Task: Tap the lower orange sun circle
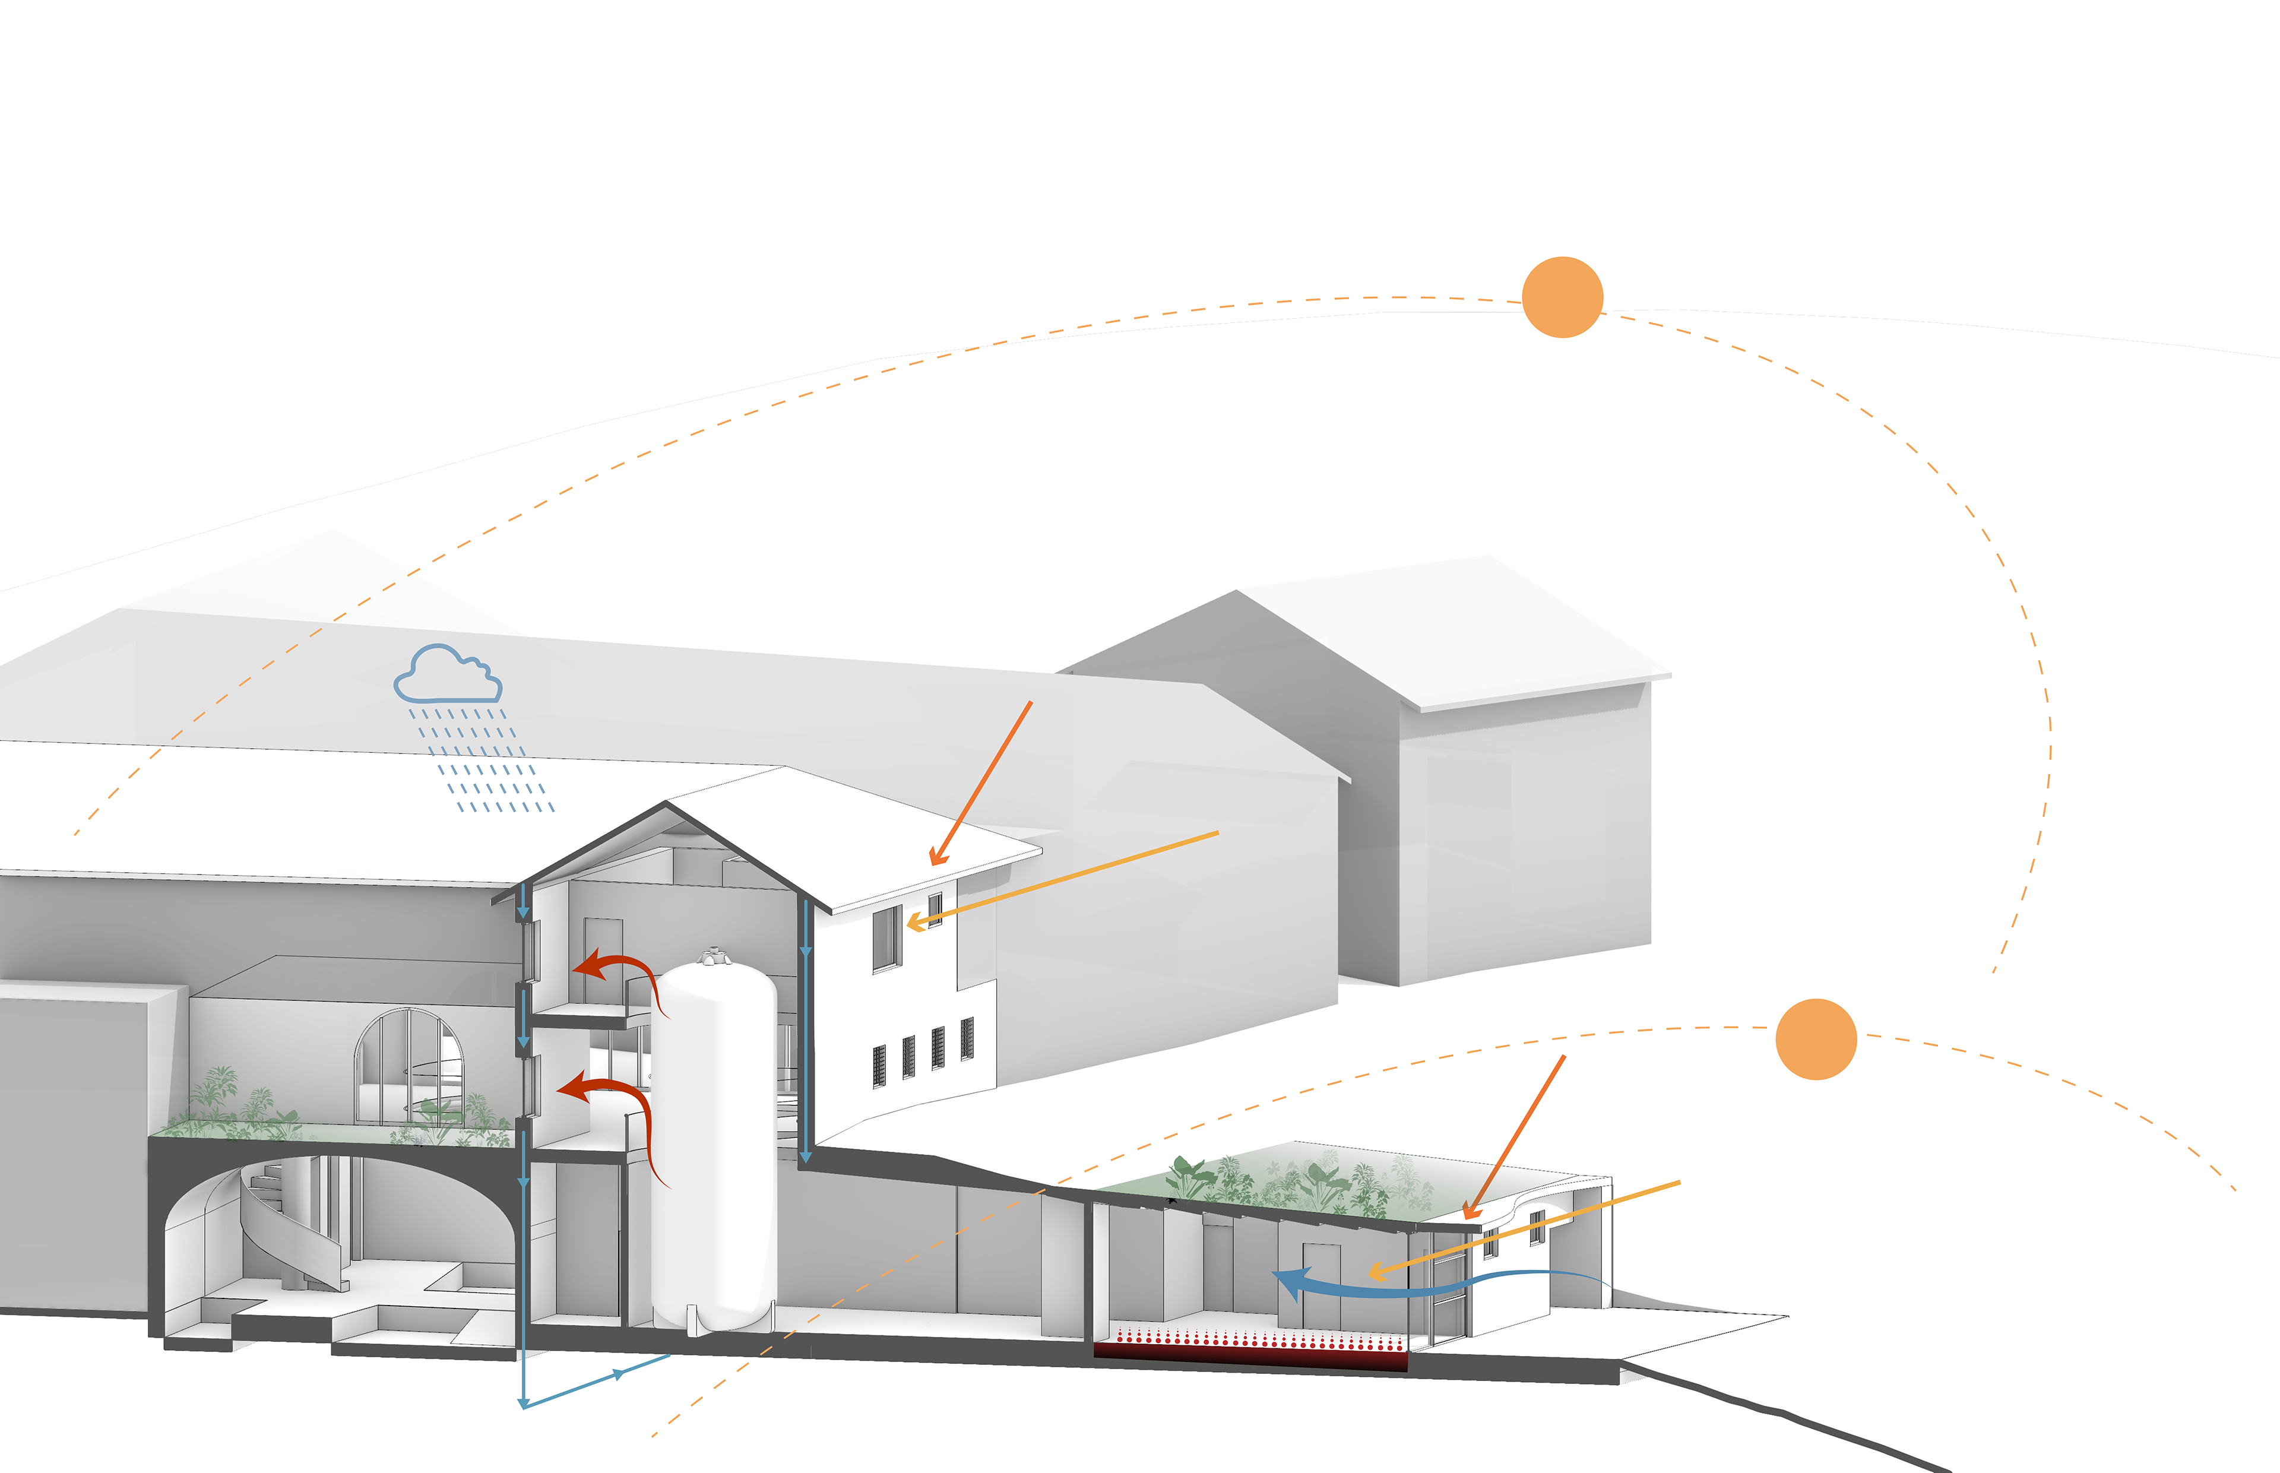[x=1815, y=1040]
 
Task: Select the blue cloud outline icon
[x=448, y=674]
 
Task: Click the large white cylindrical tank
[x=714, y=1148]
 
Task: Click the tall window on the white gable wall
[x=886, y=937]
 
